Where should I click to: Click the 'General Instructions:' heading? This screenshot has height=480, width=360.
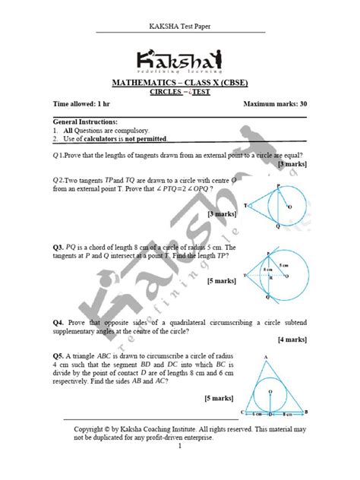pyautogui.click(x=85, y=122)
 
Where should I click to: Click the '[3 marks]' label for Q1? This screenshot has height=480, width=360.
pyautogui.click(x=291, y=164)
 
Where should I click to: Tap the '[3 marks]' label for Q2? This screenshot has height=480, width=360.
pyautogui.click(x=220, y=215)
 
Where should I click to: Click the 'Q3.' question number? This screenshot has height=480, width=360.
pyautogui.click(x=58, y=248)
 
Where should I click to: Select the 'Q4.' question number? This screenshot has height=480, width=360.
pyautogui.click(x=58, y=322)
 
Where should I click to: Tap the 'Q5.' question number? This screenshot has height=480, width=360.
pyautogui.click(x=58, y=355)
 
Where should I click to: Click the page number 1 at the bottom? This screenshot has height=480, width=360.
pyautogui.click(x=180, y=446)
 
